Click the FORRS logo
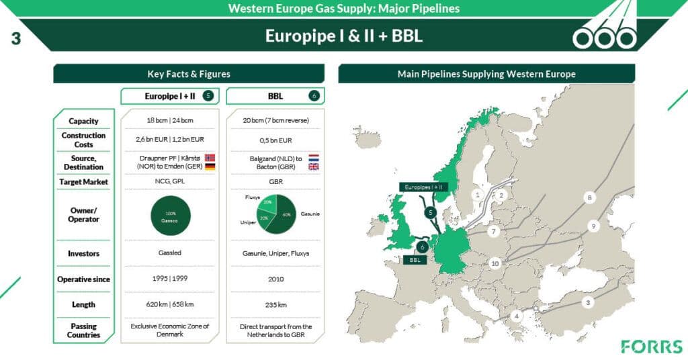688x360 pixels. coord(652,347)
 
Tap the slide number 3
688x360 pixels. coord(16,38)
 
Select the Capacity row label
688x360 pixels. coord(83,121)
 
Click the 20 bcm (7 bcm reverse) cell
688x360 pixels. coord(275,121)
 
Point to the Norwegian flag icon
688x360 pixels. coord(210,156)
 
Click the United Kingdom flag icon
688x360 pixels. coord(314,167)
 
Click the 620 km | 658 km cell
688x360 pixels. coord(169,304)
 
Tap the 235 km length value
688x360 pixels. coord(275,304)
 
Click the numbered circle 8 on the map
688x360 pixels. coord(590,197)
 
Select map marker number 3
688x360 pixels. coord(589,302)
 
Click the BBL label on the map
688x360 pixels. coord(411,260)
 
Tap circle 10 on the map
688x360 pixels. coord(495,263)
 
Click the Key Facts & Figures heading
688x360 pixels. coord(189,74)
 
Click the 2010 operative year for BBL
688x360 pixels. coord(275,279)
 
